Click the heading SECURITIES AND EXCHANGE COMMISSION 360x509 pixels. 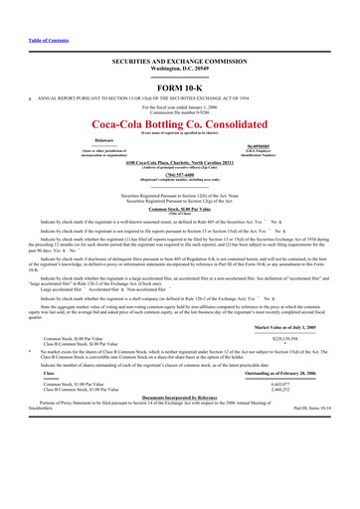(180, 60)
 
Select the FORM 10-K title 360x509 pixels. (180, 86)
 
